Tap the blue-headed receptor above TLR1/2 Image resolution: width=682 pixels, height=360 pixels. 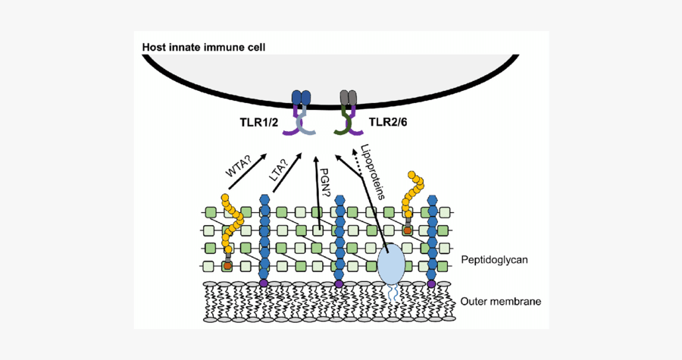[302, 99]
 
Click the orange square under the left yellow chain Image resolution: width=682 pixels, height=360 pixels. [227, 267]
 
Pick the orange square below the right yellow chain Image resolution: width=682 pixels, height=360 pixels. [408, 228]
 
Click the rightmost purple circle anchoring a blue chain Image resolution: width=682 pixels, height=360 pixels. [432, 283]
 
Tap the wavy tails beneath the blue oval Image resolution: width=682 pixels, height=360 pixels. [393, 293]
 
